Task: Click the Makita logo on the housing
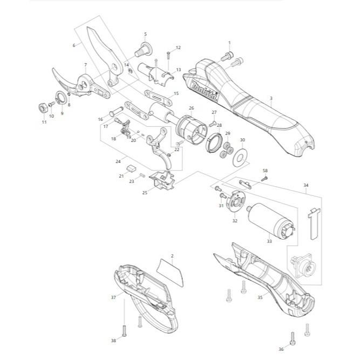[205, 91]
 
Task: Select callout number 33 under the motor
[269, 241]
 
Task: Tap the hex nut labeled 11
[43, 108]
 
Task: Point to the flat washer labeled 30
[240, 158]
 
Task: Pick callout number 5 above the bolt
[145, 34]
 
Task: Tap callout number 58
[265, 171]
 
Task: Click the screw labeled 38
[125, 331]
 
